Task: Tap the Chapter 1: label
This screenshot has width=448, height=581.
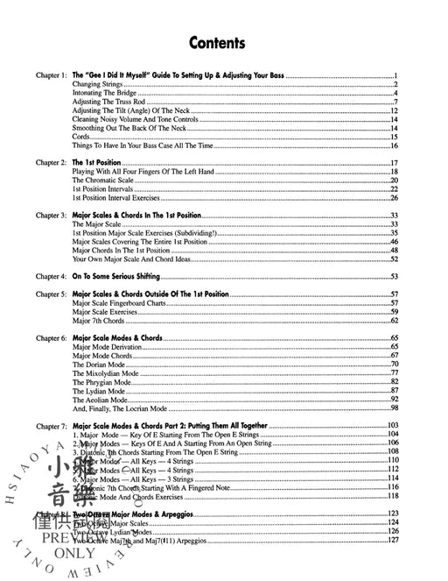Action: [51, 76]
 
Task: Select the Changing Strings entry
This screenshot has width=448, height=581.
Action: [97, 85]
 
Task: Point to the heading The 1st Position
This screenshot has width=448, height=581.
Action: [95, 163]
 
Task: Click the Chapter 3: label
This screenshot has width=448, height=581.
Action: [51, 215]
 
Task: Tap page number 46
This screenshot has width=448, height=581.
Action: [395, 241]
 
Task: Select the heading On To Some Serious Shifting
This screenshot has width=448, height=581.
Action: [128, 276]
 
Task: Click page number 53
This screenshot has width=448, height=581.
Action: [395, 276]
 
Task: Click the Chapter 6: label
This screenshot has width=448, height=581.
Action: [51, 337]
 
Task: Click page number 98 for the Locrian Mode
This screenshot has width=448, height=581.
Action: [395, 407]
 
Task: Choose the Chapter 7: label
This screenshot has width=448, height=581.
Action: [51, 425]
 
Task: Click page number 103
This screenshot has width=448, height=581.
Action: [393, 425]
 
